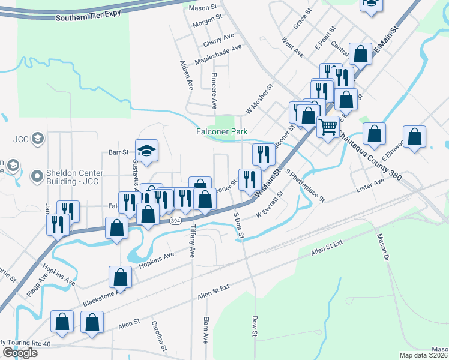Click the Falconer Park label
(222, 131)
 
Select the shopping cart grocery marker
(327, 127)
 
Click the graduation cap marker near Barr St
(146, 151)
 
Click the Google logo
(20, 353)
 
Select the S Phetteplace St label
(305, 185)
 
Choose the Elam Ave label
(206, 330)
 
